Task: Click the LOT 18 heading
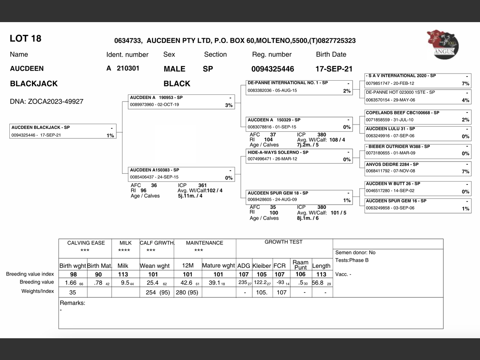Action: (x=25, y=39)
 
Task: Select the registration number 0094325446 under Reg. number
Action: (x=273, y=69)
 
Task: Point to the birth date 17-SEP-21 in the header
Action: (x=334, y=69)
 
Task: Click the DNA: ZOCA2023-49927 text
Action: (x=46, y=102)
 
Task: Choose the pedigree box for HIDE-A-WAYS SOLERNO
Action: (x=299, y=156)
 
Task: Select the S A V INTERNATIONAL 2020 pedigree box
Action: (x=418, y=80)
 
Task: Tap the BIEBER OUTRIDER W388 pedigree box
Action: (x=418, y=150)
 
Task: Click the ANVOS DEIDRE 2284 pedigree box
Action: (x=418, y=168)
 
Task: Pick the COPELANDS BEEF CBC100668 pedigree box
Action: (x=418, y=116)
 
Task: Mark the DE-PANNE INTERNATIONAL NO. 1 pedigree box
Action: (x=299, y=87)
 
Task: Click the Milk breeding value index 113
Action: (x=123, y=274)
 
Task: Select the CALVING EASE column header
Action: (x=86, y=243)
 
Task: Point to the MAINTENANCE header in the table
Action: (x=204, y=243)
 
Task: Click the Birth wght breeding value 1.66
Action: (x=71, y=283)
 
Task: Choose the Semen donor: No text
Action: (x=355, y=253)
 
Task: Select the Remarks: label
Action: (x=72, y=303)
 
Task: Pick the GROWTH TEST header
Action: (x=283, y=242)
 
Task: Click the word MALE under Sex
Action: (x=174, y=69)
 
